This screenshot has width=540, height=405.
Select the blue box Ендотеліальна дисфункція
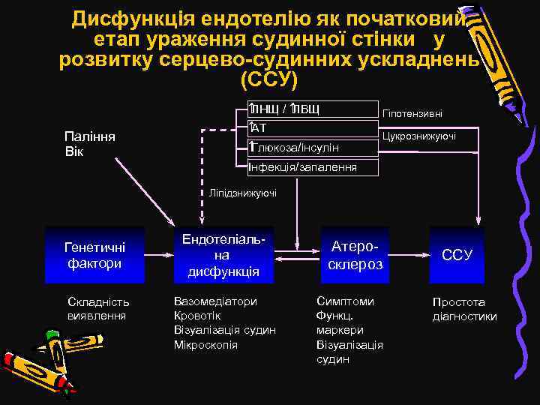[223, 255]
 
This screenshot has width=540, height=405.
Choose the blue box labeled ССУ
[457, 255]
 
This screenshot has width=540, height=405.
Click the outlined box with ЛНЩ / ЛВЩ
[313, 110]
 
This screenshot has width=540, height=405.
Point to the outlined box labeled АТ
[313, 129]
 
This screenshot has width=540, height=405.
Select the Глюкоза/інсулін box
[313, 148]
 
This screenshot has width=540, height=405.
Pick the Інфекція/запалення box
[313, 166]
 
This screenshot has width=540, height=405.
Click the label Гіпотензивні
[412, 114]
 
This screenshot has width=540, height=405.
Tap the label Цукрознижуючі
[418, 136]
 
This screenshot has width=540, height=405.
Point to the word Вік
[75, 151]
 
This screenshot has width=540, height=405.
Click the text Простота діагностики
[463, 309]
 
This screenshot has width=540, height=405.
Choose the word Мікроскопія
[205, 345]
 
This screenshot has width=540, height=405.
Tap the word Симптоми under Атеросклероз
[345, 301]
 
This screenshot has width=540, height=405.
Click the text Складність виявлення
[98, 308]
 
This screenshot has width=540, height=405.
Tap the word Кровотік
[197, 316]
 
